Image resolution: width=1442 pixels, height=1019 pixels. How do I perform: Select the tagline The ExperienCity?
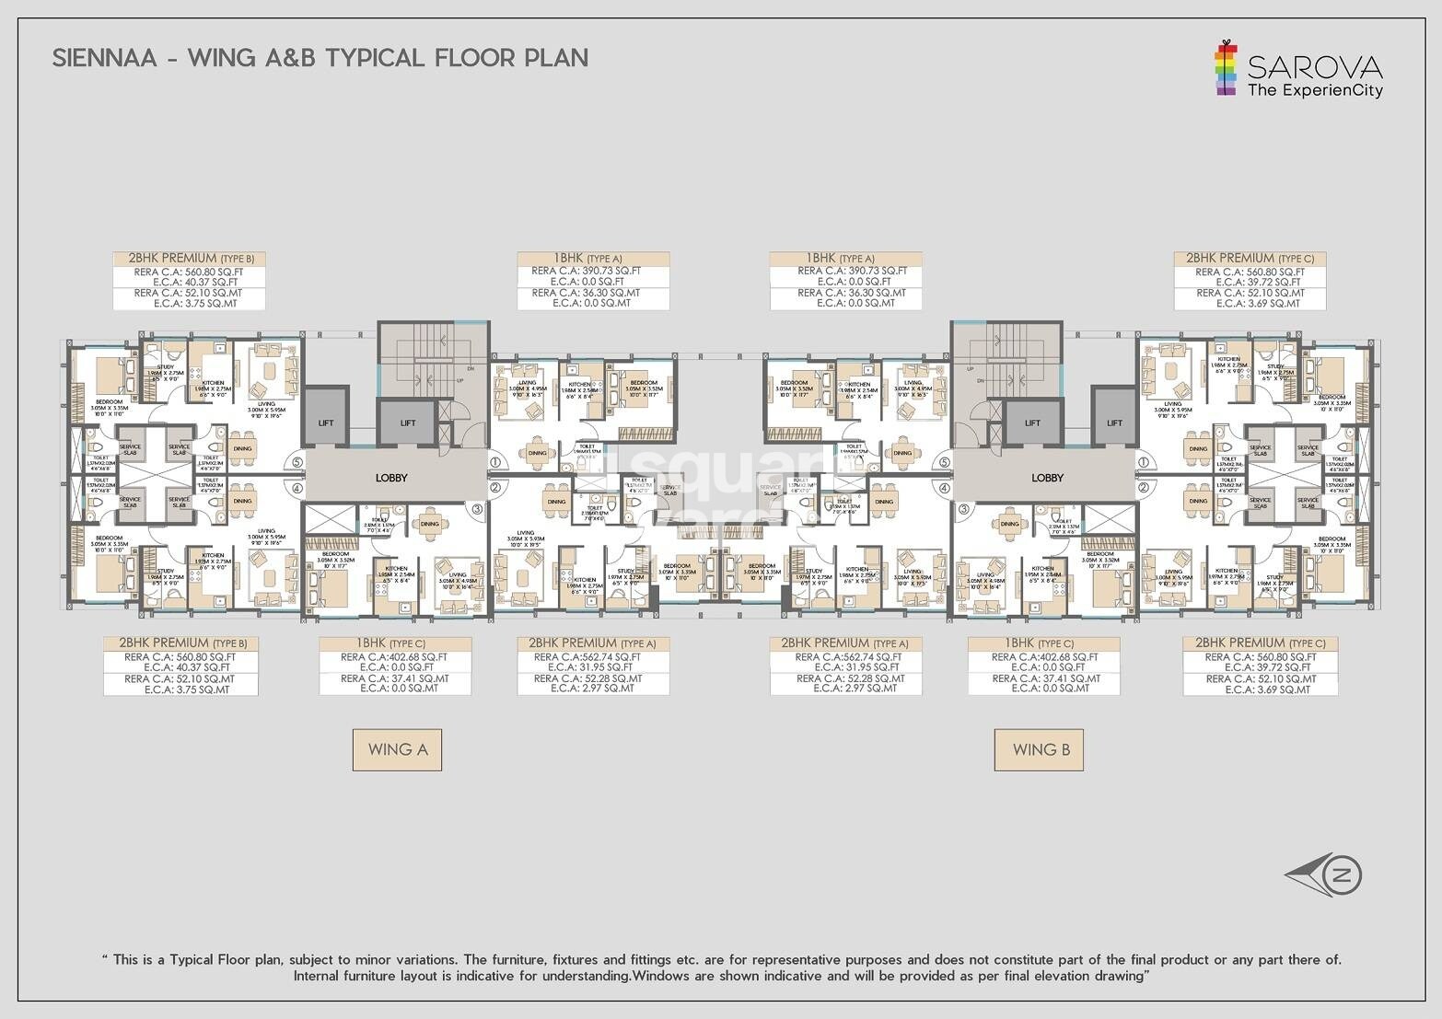click(x=1314, y=90)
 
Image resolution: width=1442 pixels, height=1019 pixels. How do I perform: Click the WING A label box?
click(x=397, y=749)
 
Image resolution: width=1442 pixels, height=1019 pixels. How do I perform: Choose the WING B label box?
click(x=1039, y=749)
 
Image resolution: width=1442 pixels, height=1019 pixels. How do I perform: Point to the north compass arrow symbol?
click(x=1324, y=875)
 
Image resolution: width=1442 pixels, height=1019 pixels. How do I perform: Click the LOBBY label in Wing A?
click(x=391, y=478)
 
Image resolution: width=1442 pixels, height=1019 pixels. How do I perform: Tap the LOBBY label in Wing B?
click(x=1047, y=478)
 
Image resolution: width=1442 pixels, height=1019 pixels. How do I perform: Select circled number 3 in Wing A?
click(x=477, y=508)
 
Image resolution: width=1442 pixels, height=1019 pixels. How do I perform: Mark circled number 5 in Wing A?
click(x=297, y=463)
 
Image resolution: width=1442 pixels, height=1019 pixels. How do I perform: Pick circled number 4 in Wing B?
click(x=943, y=488)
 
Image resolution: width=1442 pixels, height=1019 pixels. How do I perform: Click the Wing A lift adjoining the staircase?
click(x=408, y=423)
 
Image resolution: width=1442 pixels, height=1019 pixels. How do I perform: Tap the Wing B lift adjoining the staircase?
click(x=1032, y=423)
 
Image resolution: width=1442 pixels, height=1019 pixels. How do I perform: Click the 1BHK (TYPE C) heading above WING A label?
click(x=395, y=643)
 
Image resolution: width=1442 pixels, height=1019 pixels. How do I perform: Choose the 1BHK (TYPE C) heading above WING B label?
click(x=1043, y=643)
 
